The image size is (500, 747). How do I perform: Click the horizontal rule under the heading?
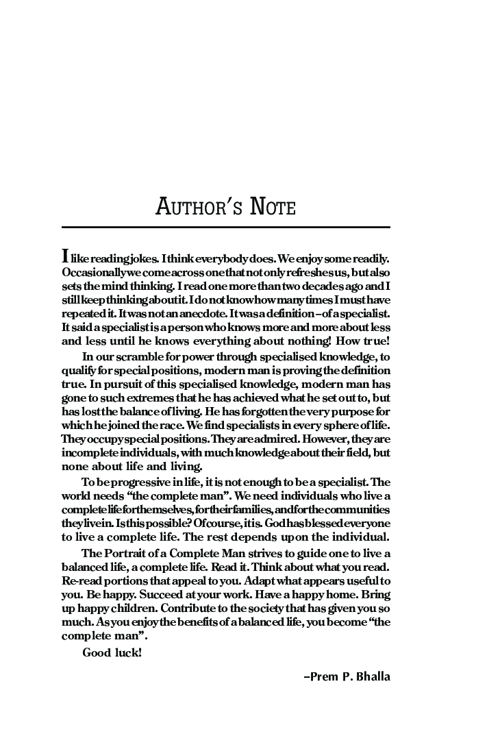[225, 227]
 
